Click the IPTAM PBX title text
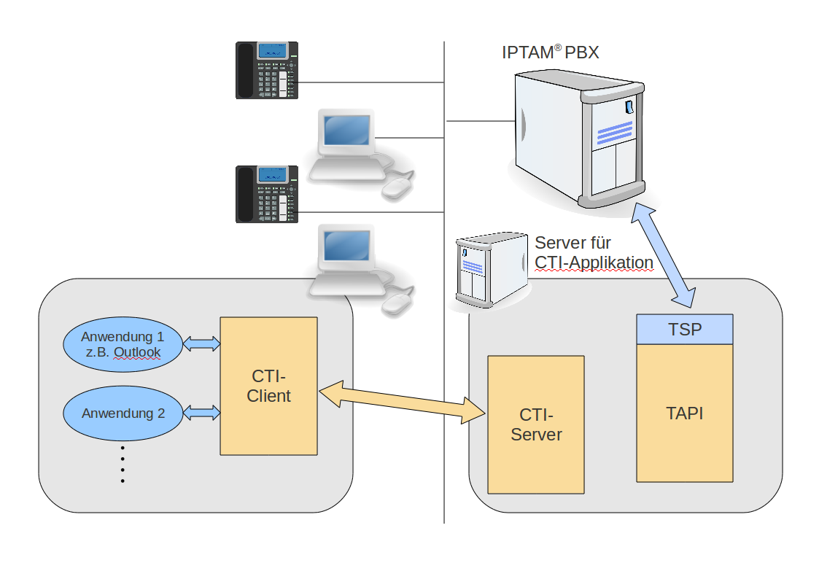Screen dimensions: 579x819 (551, 53)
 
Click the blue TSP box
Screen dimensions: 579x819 (684, 329)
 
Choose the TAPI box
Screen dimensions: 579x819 (684, 413)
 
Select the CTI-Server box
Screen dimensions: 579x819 (536, 424)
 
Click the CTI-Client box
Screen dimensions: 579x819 (268, 386)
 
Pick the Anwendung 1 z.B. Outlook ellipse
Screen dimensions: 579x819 (122, 345)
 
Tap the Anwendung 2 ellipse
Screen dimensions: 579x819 (122, 413)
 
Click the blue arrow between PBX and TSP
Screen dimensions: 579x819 (664, 255)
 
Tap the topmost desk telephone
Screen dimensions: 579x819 (267, 70)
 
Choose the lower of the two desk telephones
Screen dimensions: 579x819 (267, 194)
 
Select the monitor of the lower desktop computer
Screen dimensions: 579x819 (346, 247)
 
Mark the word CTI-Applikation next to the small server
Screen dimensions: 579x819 (594, 263)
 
